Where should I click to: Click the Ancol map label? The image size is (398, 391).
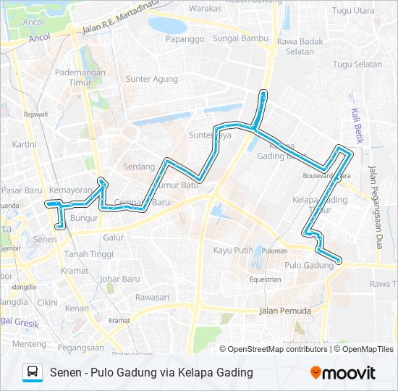click(34, 22)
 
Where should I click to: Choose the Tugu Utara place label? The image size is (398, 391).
click(354, 11)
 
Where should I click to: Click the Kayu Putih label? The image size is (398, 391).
click(233, 250)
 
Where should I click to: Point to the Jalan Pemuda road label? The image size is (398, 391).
click(284, 311)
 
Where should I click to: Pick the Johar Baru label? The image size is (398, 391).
click(119, 278)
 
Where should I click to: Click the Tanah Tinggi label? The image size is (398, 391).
click(88, 254)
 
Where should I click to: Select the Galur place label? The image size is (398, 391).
click(114, 237)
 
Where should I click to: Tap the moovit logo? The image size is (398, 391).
click(343, 373)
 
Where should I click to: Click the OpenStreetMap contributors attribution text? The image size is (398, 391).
click(274, 349)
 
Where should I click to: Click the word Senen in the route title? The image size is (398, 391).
click(65, 373)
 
